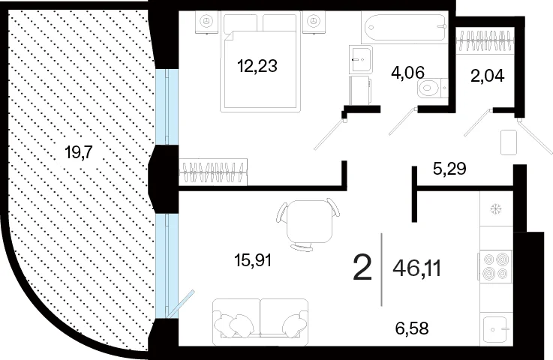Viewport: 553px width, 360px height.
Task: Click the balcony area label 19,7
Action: pyautogui.click(x=79, y=153)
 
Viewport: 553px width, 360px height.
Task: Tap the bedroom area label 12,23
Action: pyautogui.click(x=257, y=65)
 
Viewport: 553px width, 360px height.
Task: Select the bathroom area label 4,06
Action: pyautogui.click(x=407, y=72)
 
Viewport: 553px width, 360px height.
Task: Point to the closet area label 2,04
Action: pyautogui.click(x=488, y=76)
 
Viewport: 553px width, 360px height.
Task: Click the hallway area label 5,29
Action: pyautogui.click(x=449, y=169)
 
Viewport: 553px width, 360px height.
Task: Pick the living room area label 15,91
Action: pyautogui.click(x=253, y=260)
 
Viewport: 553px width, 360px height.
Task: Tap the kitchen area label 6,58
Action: pyautogui.click(x=412, y=328)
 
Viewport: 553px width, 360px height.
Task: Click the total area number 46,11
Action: pyautogui.click(x=417, y=269)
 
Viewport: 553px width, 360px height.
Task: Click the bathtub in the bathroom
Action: pyautogui.click(x=405, y=28)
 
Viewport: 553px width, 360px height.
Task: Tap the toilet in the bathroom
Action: pyautogui.click(x=432, y=88)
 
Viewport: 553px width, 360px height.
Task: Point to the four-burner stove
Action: pyautogui.click(x=494, y=266)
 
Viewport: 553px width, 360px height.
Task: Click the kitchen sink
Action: pyautogui.click(x=496, y=329)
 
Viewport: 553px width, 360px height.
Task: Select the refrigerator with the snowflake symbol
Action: pyautogui.click(x=496, y=209)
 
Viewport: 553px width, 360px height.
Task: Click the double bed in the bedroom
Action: pyautogui.click(x=260, y=63)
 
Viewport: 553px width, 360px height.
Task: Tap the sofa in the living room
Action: pyautogui.click(x=260, y=322)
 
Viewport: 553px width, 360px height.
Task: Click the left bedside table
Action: pyautogui.click(x=206, y=22)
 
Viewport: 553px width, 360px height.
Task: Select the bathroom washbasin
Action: pyautogui.click(x=361, y=59)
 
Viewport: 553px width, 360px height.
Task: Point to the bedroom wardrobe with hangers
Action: pyautogui.click(x=213, y=172)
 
